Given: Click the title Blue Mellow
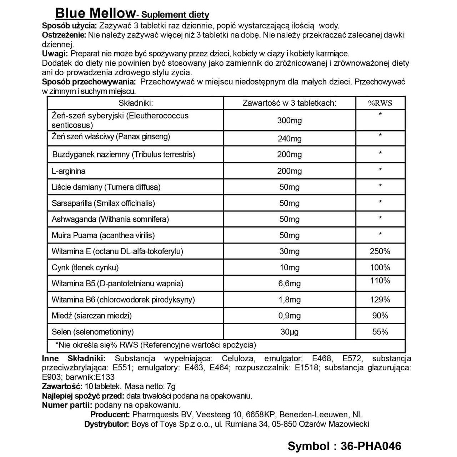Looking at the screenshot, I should pos(95,13).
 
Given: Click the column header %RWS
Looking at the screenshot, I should pos(380,103).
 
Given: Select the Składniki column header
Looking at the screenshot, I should pos(136,103).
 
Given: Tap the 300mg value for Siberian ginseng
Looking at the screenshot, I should pos(289,121).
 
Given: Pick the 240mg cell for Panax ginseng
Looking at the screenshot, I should pos(289,139).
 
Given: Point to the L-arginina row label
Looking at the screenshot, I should pos(69,171).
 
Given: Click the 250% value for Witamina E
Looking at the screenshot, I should pos(380,251).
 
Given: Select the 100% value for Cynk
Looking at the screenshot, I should pos(380,267).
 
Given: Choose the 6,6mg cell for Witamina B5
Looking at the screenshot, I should pos(289,284).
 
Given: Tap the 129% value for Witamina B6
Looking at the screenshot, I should pos(380,300).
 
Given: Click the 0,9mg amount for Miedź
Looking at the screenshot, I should pos(289,316).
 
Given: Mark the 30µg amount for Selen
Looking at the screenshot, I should pos(289,332).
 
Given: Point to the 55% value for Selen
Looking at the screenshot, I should pos(380,332).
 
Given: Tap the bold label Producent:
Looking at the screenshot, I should pos(110,415).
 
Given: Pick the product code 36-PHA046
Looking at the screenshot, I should pos(371,446).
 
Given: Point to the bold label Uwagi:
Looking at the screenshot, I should pos(55,54).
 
